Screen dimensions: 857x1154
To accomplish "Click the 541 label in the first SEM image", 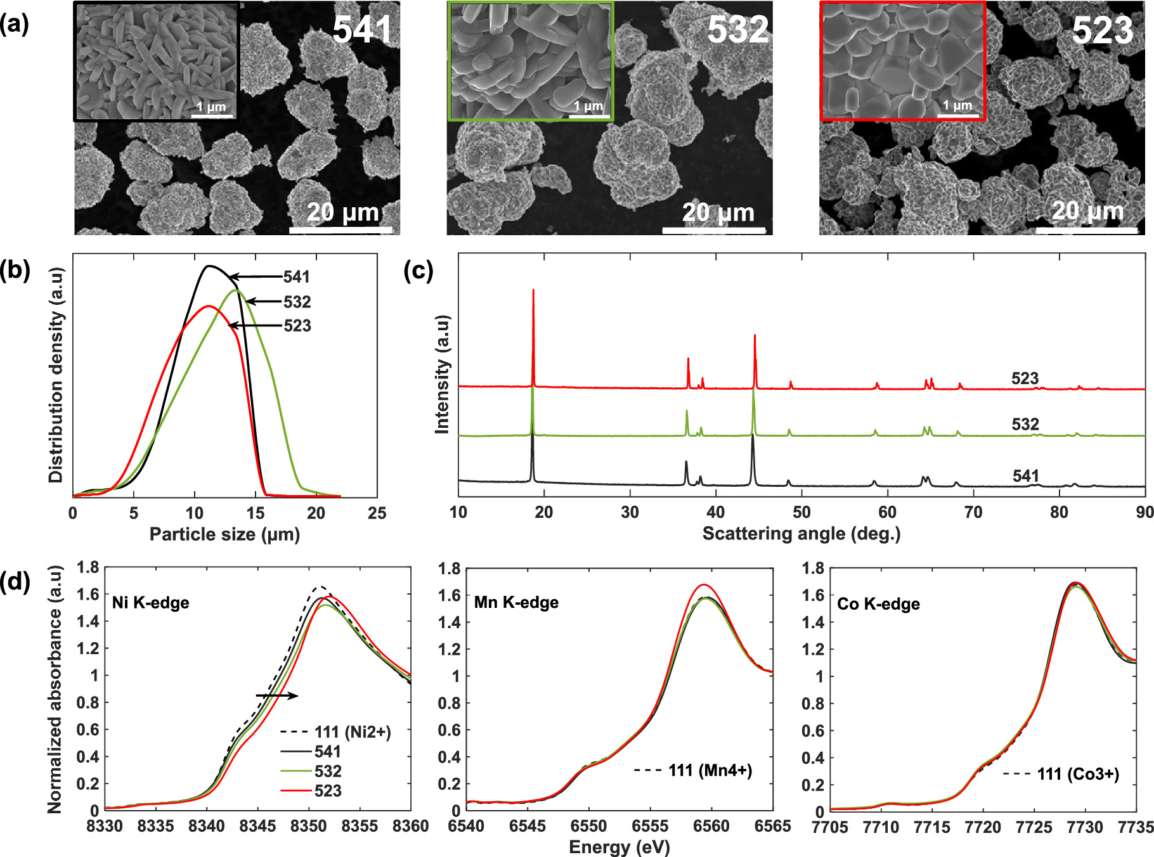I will (362, 29).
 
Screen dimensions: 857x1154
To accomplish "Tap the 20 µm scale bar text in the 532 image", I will (718, 213).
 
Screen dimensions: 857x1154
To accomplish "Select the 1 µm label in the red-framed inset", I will (957, 105).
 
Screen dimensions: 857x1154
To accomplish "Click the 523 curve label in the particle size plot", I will (297, 326).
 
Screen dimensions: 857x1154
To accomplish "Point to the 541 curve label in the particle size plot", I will (296, 277).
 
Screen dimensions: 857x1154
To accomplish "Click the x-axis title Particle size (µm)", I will (224, 534).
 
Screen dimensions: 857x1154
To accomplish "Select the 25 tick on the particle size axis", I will (377, 513).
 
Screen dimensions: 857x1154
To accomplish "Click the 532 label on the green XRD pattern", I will (1025, 424).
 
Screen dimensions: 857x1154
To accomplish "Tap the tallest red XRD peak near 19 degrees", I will (533, 292).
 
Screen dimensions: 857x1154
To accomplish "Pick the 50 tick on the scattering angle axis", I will (801, 512).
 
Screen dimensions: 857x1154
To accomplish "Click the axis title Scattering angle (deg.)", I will (801, 533).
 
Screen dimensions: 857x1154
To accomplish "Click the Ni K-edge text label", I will (150, 602).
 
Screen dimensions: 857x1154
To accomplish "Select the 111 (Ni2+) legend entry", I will (336, 732).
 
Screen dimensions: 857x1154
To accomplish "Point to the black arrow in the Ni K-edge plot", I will (277, 696).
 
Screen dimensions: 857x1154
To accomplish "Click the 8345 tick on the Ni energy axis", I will (258, 826).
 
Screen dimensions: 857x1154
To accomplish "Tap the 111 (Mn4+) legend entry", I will (693, 771).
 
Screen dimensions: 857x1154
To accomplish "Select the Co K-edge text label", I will (878, 603).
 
